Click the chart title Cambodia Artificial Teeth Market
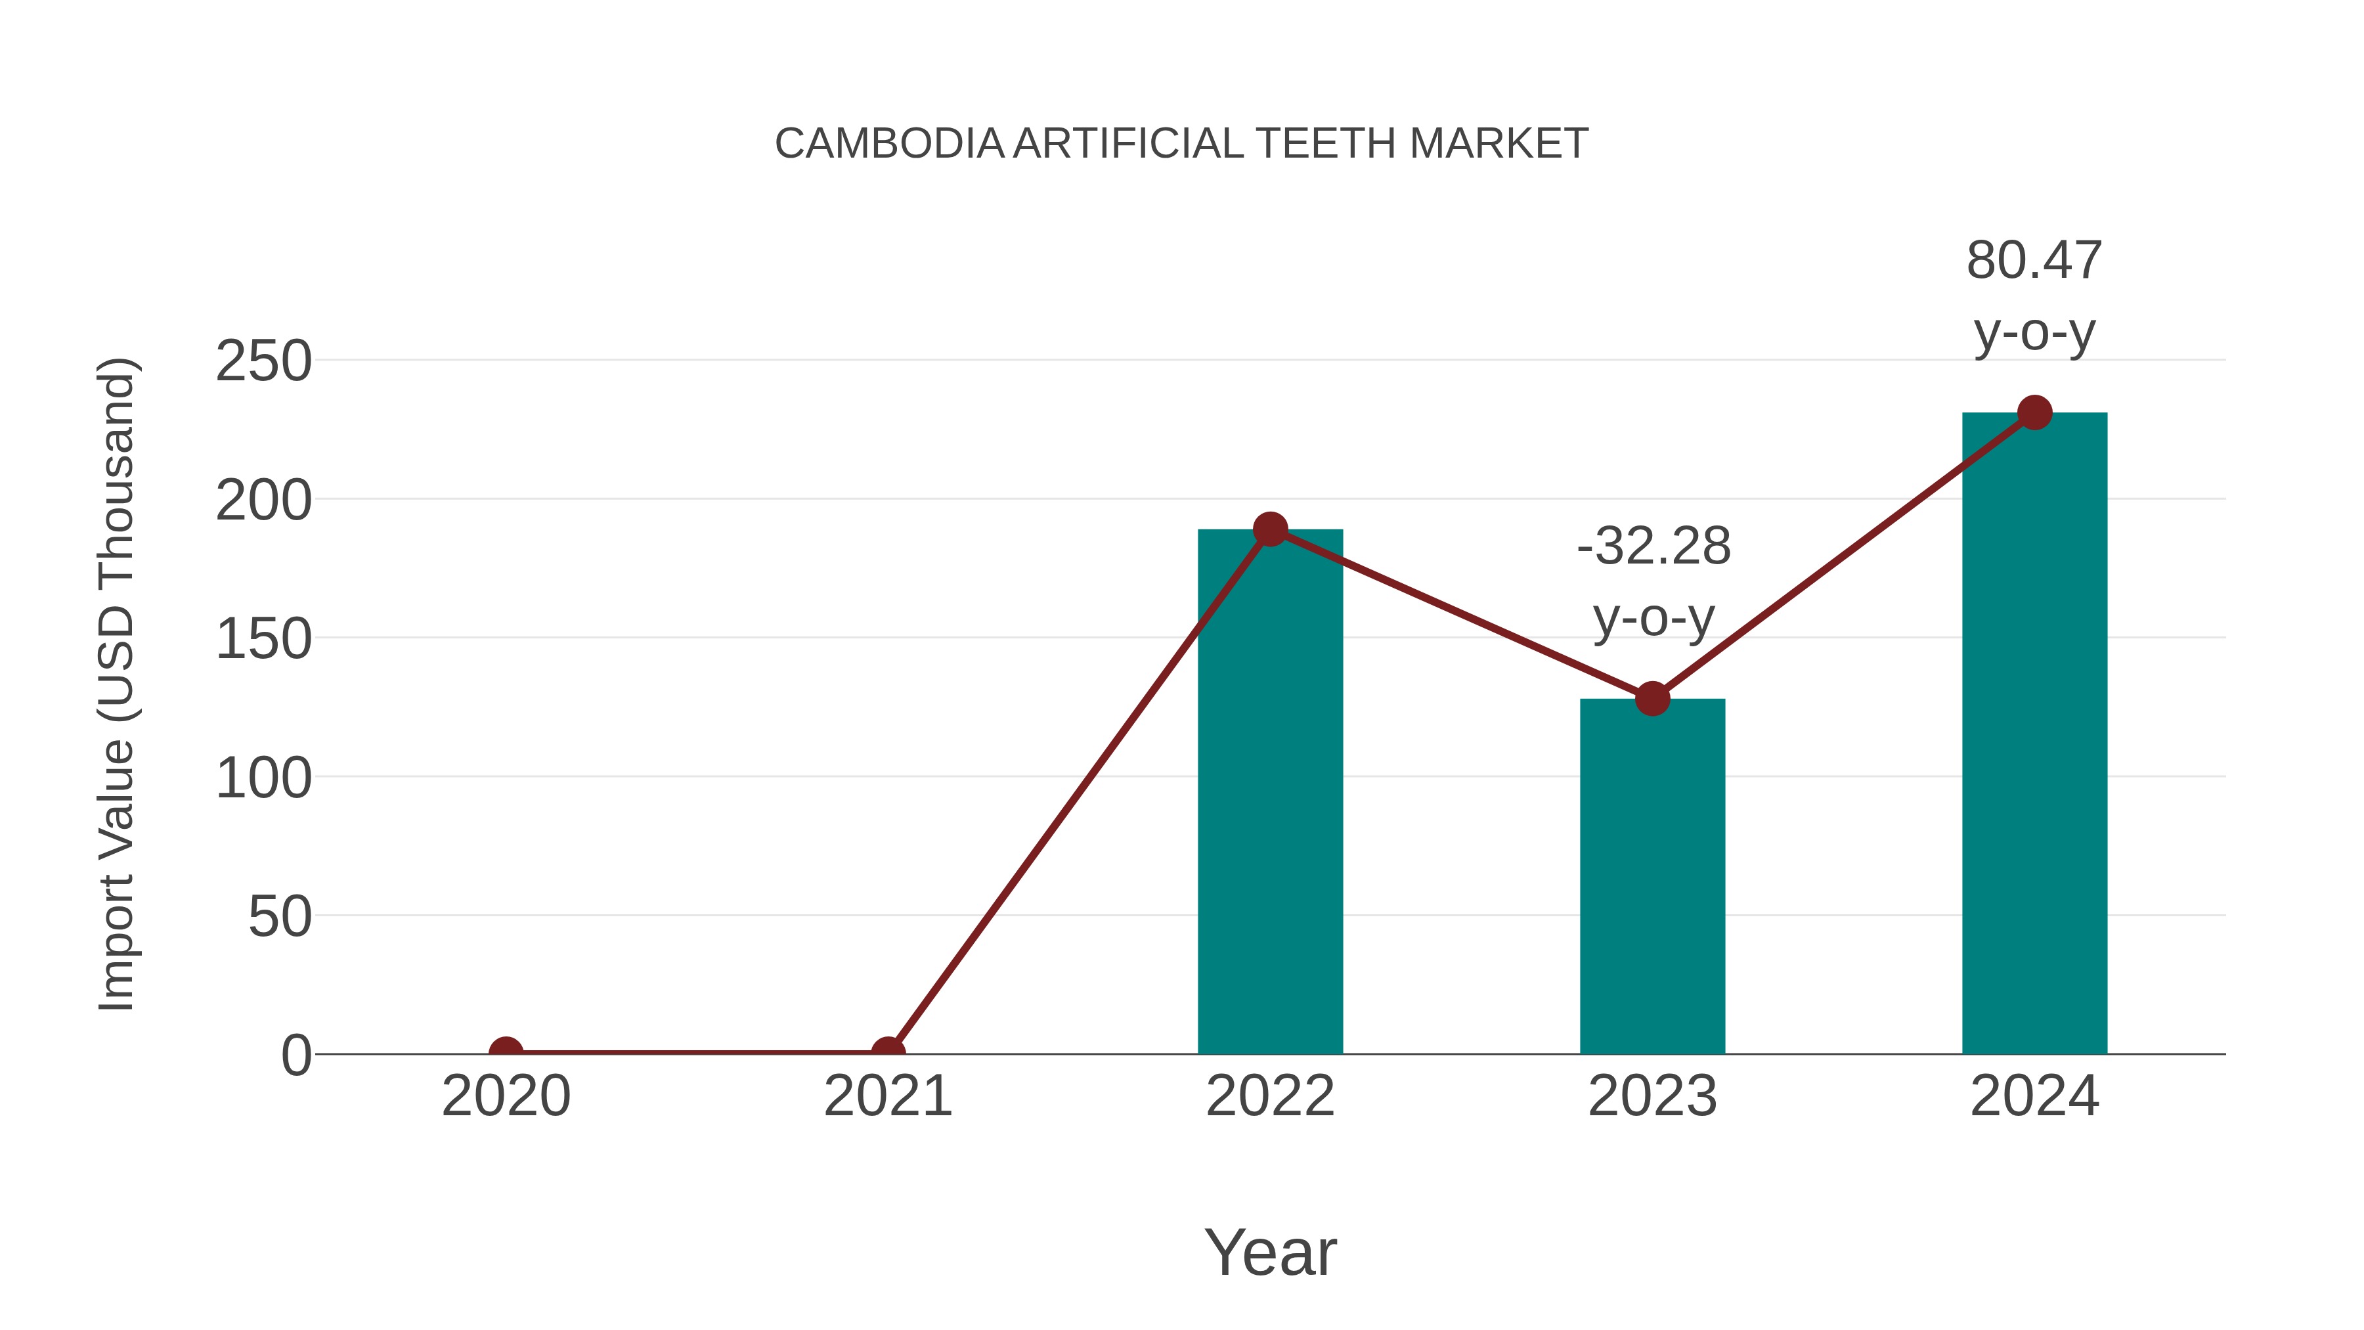1181,144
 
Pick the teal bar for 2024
2034,734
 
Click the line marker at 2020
506,1052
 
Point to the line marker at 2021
887,1052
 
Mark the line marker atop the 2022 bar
1270,529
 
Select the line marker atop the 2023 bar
1652,699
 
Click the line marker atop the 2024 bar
2034,413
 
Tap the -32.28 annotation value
1653,547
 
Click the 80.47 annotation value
2034,261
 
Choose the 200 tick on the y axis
263,501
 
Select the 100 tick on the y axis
263,779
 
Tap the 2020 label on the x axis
506,1097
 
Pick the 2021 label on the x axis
887,1097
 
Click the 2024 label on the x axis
2034,1097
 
